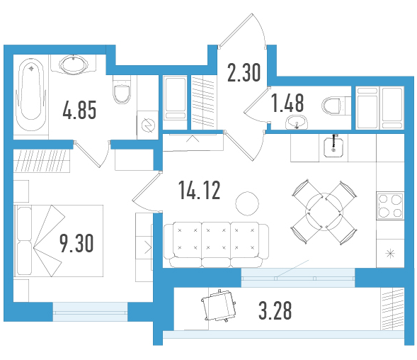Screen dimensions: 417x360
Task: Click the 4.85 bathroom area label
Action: coord(79,110)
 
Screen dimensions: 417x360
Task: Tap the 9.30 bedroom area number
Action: coord(76,243)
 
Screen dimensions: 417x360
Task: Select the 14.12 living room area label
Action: coord(200,190)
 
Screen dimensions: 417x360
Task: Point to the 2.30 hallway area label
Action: coord(244,72)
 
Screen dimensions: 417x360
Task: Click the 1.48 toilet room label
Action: coord(287,103)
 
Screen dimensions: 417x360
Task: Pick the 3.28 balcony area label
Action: coord(275,310)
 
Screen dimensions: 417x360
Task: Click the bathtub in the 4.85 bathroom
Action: coord(31,94)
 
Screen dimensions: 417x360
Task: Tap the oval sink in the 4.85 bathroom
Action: coord(74,64)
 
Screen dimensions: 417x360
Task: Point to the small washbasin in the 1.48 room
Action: coord(297,122)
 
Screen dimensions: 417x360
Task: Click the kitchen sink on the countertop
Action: coord(333,147)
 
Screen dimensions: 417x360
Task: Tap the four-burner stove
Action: coord(390,206)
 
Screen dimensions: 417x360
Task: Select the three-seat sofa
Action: coord(216,244)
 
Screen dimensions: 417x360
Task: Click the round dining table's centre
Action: coord(324,212)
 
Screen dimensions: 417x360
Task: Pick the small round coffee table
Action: coord(247,203)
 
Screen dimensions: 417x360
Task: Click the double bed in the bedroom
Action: coord(59,241)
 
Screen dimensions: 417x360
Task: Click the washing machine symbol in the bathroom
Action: coord(148,125)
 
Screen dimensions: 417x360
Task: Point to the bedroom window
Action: coord(90,312)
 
